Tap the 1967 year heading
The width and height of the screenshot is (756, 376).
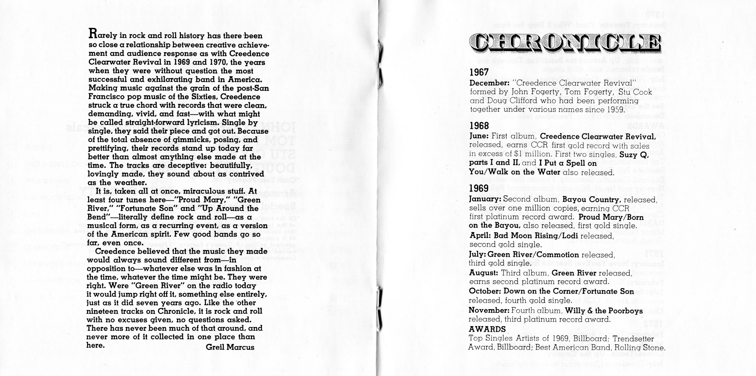click(x=479, y=72)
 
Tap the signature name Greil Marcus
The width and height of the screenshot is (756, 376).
click(x=230, y=347)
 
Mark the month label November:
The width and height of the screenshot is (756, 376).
click(x=489, y=310)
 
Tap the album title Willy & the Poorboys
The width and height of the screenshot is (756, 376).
click(x=604, y=311)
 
